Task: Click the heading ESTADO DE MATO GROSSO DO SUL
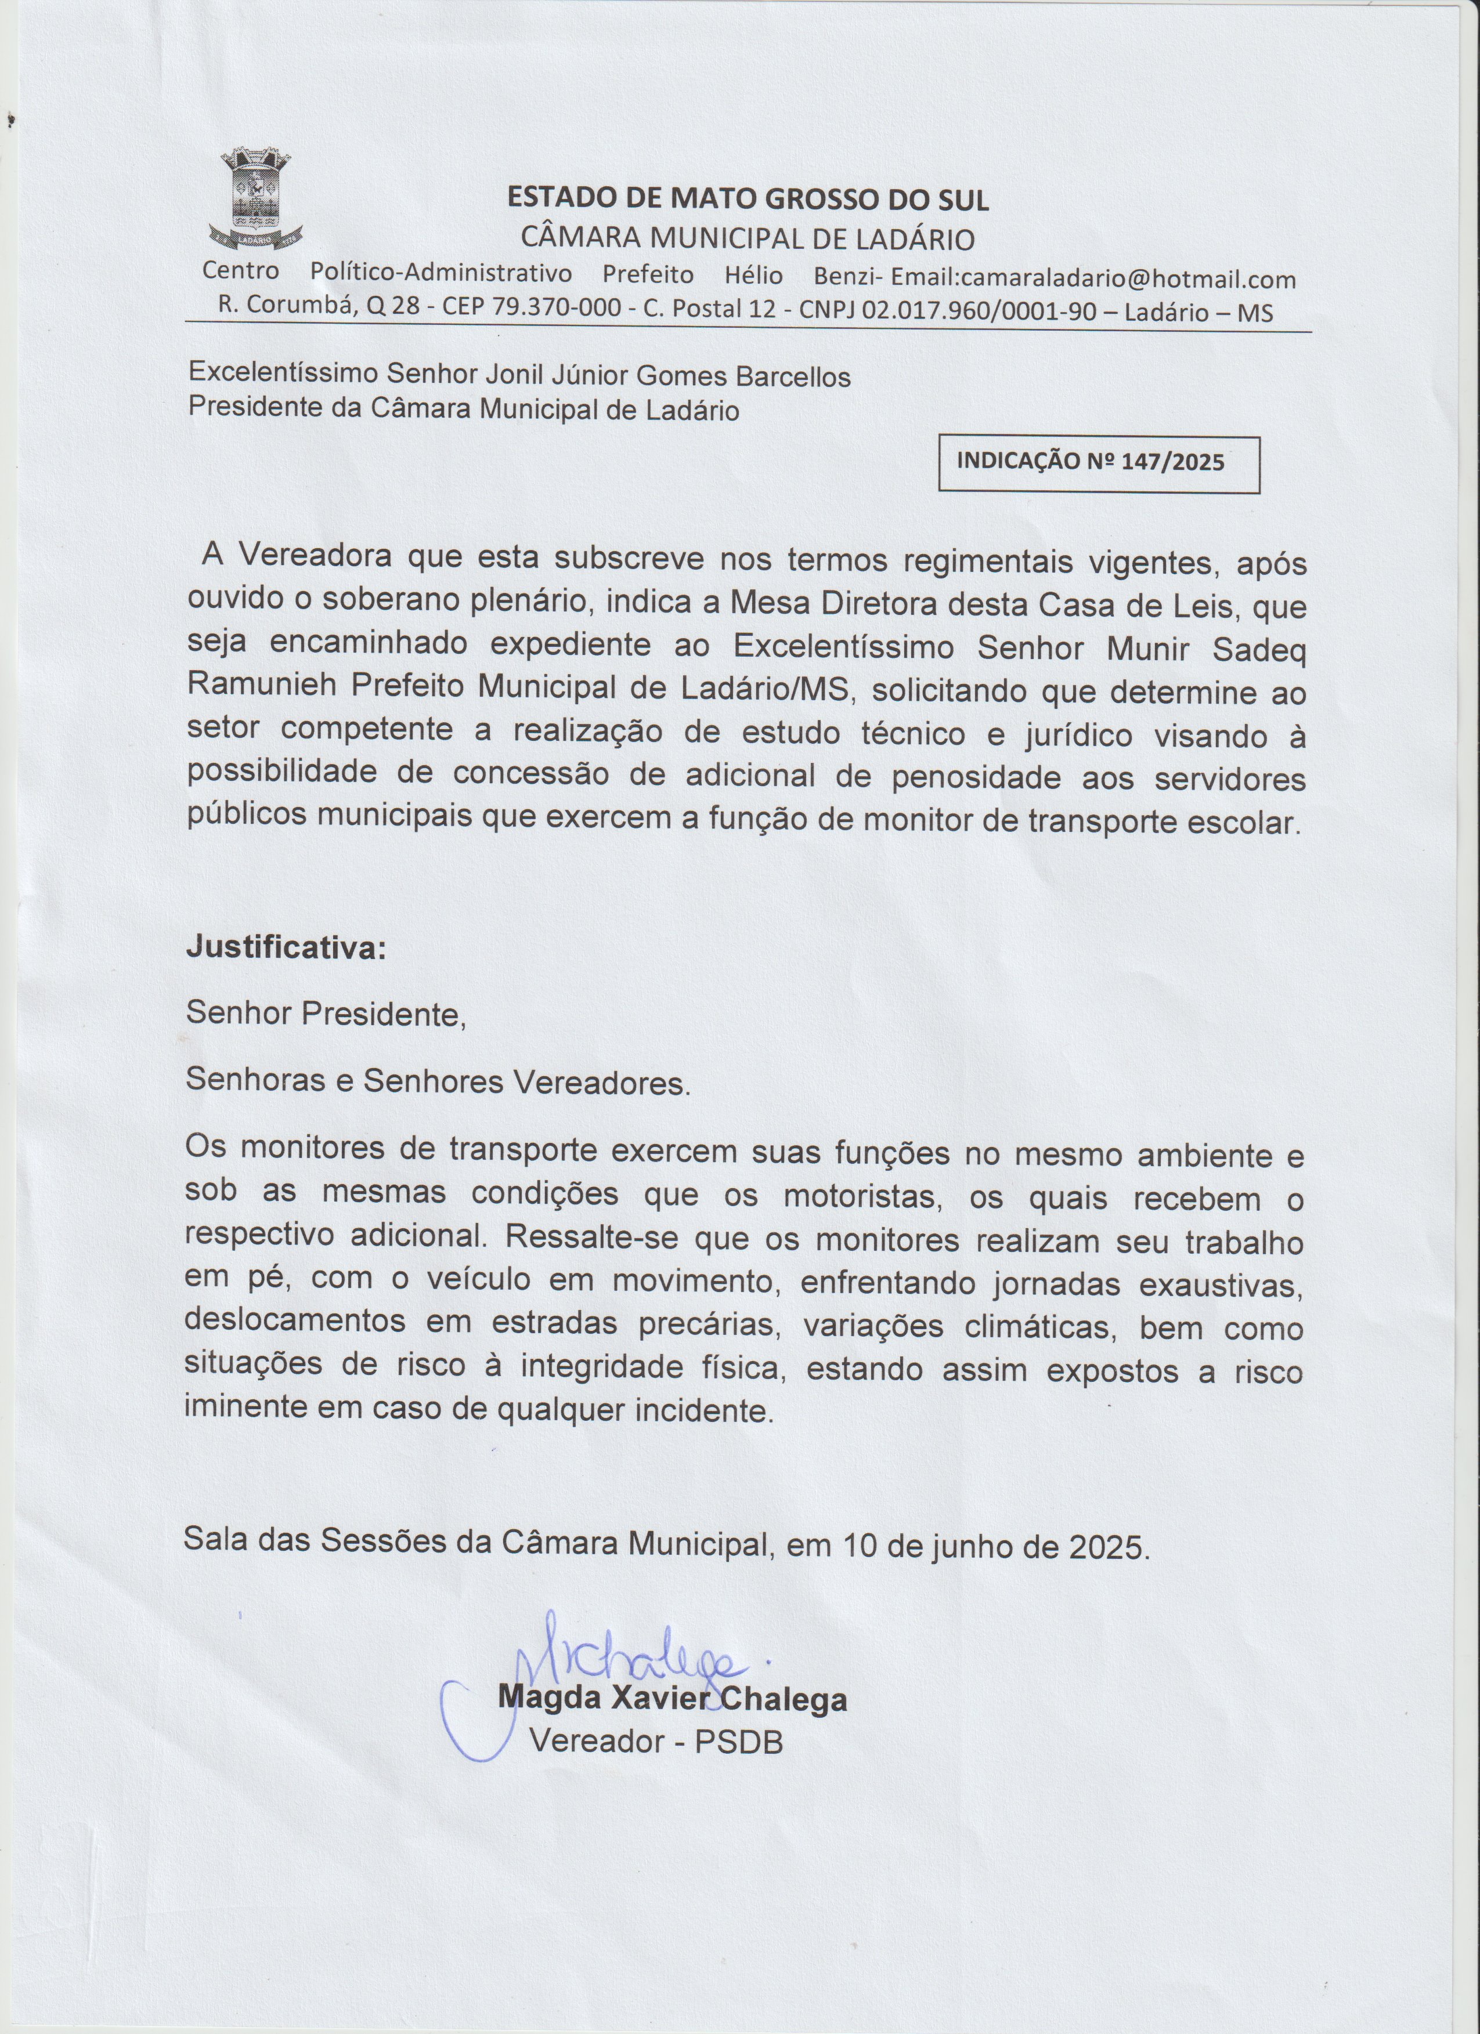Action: [x=748, y=199]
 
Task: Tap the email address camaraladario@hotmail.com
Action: [x=1128, y=279]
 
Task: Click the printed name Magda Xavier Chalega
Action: [x=673, y=1699]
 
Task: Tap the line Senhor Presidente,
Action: [x=326, y=1014]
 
